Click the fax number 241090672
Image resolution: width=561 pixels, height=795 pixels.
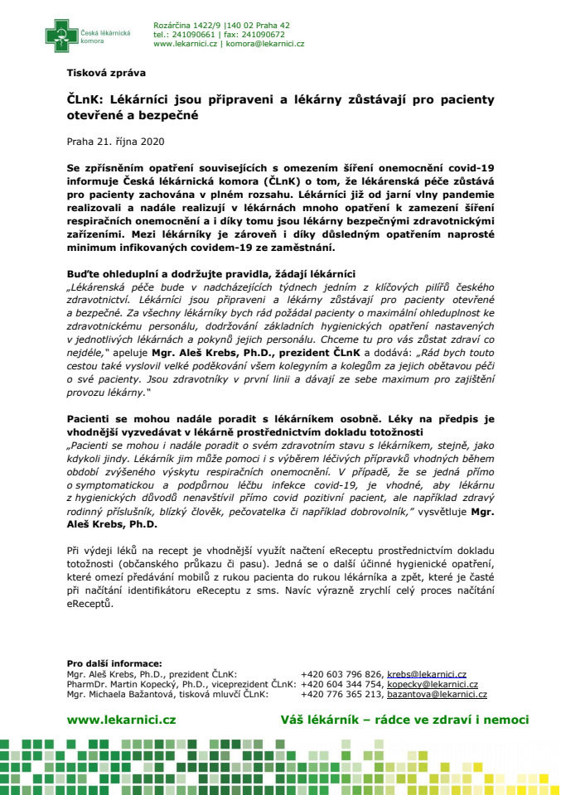(261, 35)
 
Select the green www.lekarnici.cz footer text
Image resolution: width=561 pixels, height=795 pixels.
(121, 720)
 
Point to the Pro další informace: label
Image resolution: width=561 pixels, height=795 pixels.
(114, 663)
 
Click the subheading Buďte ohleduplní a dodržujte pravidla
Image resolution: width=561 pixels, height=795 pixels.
(210, 274)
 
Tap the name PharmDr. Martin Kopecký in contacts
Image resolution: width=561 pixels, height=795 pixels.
(123, 684)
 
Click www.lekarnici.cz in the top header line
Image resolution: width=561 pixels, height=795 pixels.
(188, 44)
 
